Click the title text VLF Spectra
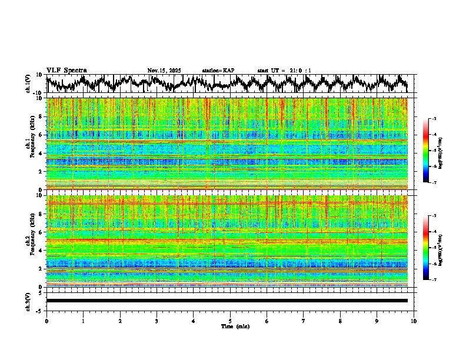tap(66, 70)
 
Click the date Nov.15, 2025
tap(164, 71)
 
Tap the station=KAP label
tap(218, 71)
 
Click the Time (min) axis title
tap(235, 326)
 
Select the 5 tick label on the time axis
tap(230, 321)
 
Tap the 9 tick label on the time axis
tap(377, 321)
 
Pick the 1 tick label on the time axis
tap(83, 321)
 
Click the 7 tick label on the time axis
tap(304, 321)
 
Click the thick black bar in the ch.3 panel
tap(227, 301)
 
